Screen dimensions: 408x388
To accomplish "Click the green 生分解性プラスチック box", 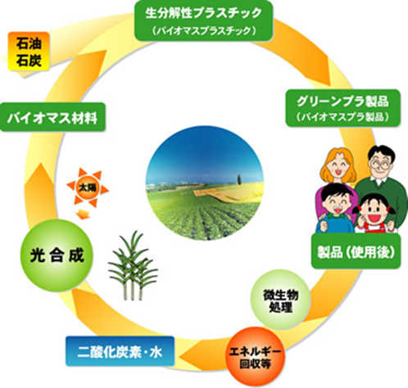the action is [x=204, y=20].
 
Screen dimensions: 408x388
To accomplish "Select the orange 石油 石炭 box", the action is [x=29, y=52].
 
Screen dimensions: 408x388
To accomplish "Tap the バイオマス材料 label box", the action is [x=52, y=117].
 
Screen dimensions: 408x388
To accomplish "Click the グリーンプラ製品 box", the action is [x=343, y=108].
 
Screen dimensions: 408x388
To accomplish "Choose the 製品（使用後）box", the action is [x=356, y=251].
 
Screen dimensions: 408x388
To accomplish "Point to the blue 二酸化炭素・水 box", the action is [x=120, y=351].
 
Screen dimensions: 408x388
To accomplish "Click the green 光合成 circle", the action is [x=57, y=255].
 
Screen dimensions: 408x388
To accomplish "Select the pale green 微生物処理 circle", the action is [x=280, y=300].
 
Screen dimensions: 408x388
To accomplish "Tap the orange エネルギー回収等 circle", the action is [x=255, y=357].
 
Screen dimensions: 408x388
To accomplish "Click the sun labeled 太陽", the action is [x=88, y=187].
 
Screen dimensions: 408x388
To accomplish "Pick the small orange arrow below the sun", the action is [x=82, y=214].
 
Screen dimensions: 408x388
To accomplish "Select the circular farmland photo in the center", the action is [x=205, y=183].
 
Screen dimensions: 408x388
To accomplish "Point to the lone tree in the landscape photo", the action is [x=239, y=179].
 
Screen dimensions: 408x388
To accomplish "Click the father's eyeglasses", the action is [x=380, y=165].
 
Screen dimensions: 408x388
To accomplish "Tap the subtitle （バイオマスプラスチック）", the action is [x=204, y=31].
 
